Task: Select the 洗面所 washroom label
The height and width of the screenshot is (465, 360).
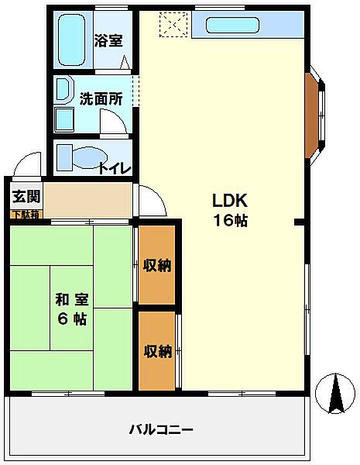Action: coord(101,99)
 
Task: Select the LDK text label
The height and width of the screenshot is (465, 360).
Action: coord(229,199)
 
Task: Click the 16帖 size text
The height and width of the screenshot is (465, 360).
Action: coord(230,221)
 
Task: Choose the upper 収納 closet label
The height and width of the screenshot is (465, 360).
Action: coord(157,266)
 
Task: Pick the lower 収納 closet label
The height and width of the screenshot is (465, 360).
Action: coord(157,351)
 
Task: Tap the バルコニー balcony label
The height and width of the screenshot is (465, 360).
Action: coord(161,429)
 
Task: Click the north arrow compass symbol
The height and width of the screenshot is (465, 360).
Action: coord(335,394)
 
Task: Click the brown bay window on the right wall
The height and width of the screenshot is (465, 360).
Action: coord(311,114)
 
